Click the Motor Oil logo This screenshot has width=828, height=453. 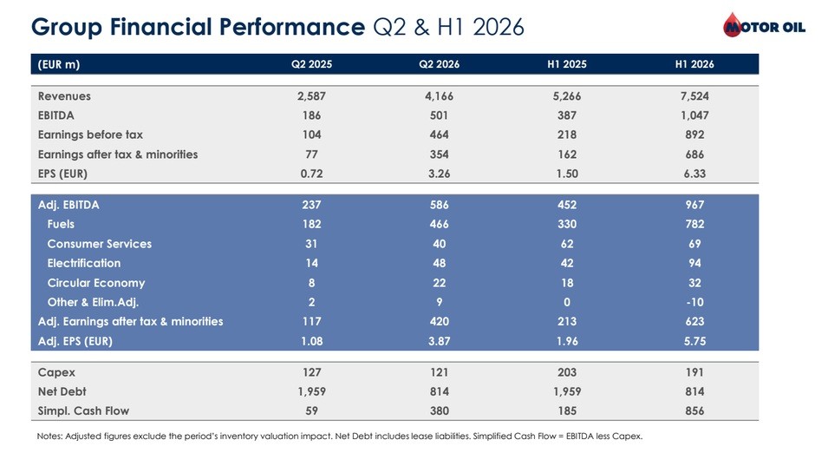pos(764,25)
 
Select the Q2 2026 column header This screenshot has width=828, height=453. pos(439,64)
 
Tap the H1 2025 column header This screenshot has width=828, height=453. pos(567,64)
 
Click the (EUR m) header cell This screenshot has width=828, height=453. pos(59,64)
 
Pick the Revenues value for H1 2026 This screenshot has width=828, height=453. pos(694,96)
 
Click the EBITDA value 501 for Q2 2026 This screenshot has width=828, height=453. pos(439,115)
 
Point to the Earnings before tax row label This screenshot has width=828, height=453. pos(90,135)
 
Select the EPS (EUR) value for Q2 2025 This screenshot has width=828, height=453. pos(311,174)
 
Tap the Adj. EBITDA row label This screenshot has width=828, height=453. pos(68,205)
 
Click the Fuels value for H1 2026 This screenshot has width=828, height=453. pos(694,224)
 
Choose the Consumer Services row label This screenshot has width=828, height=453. pos(100,244)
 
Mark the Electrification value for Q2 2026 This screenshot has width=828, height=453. pos(439,263)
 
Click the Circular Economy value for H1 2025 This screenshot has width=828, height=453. pos(567,283)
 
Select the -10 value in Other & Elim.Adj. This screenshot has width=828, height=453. pos(694,302)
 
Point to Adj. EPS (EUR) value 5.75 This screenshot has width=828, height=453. pos(694,341)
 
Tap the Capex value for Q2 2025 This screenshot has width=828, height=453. pos(311,372)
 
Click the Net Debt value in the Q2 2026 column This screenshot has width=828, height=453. pos(439,391)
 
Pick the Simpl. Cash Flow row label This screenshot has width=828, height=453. pos(83,411)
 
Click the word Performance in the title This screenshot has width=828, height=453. pos(291,26)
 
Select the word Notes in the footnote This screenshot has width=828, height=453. pos(49,437)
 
